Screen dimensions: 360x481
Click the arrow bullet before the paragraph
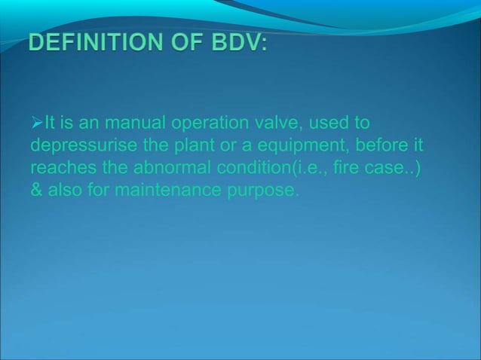point(36,123)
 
